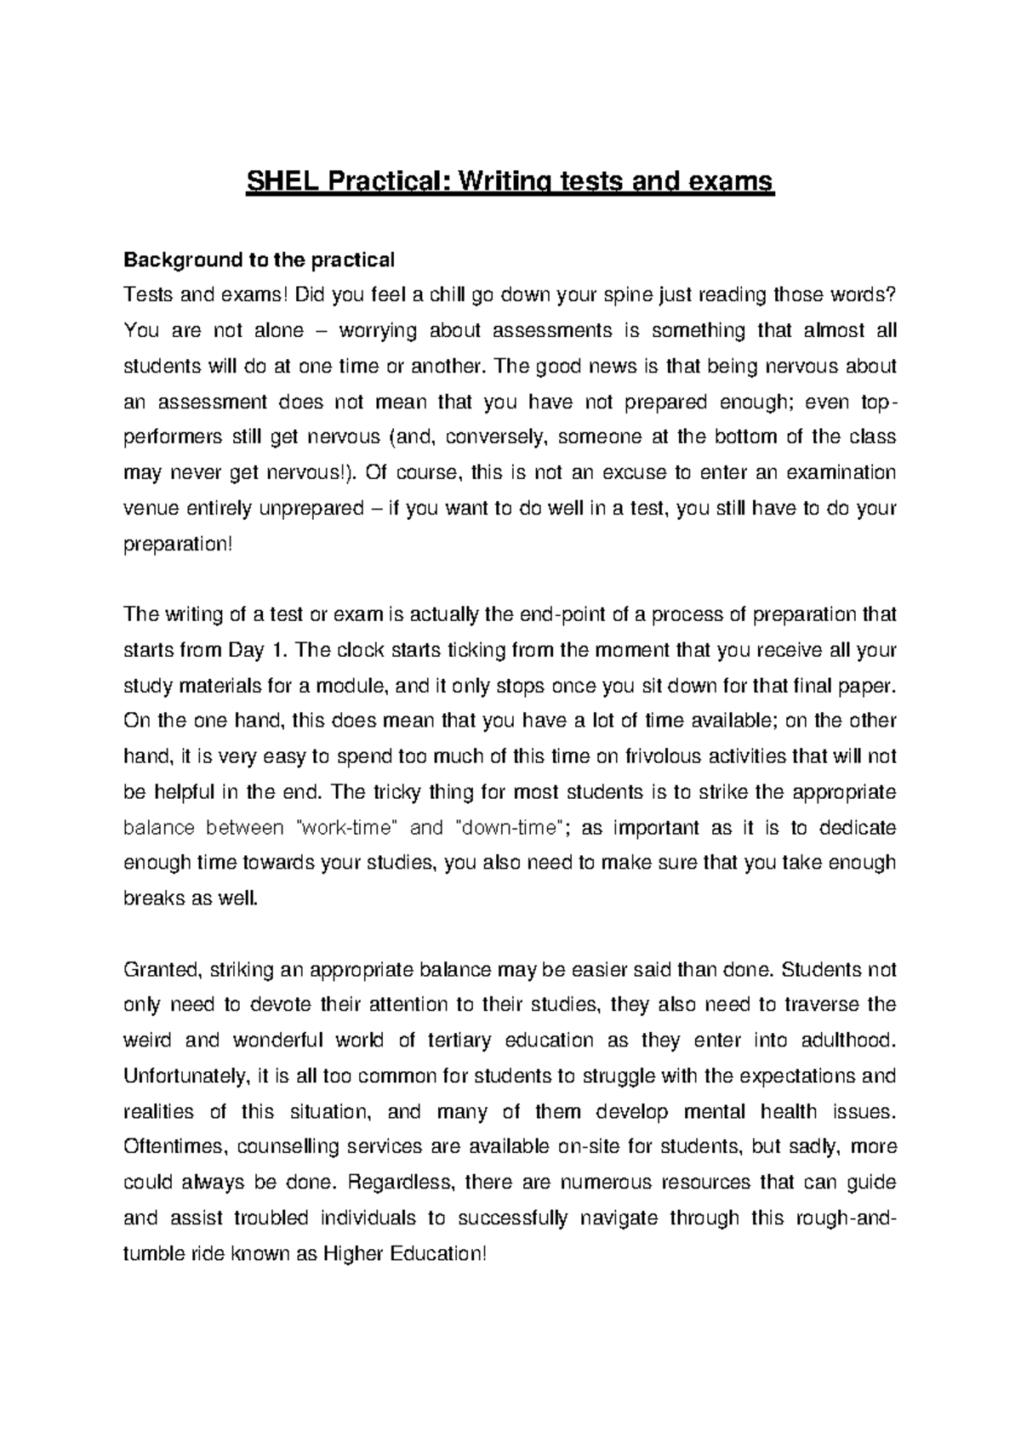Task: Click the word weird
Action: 146,1041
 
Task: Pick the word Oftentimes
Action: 177,1147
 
